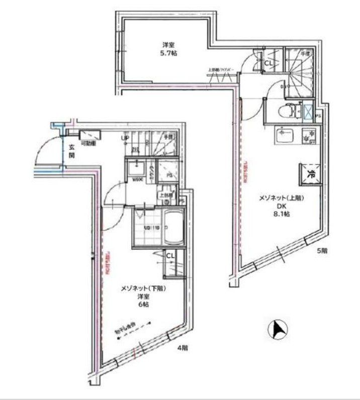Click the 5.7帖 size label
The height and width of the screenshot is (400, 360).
click(x=169, y=52)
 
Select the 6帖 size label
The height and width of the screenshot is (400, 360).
click(x=143, y=305)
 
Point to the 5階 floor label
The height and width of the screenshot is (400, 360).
click(x=322, y=250)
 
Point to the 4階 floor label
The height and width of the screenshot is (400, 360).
click(x=182, y=347)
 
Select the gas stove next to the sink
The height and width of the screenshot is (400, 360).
click(x=307, y=136)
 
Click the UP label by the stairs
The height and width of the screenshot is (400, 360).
click(x=124, y=139)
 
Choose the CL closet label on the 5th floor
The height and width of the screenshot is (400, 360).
click(x=268, y=63)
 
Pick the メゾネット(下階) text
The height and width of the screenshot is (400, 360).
click(x=143, y=288)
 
